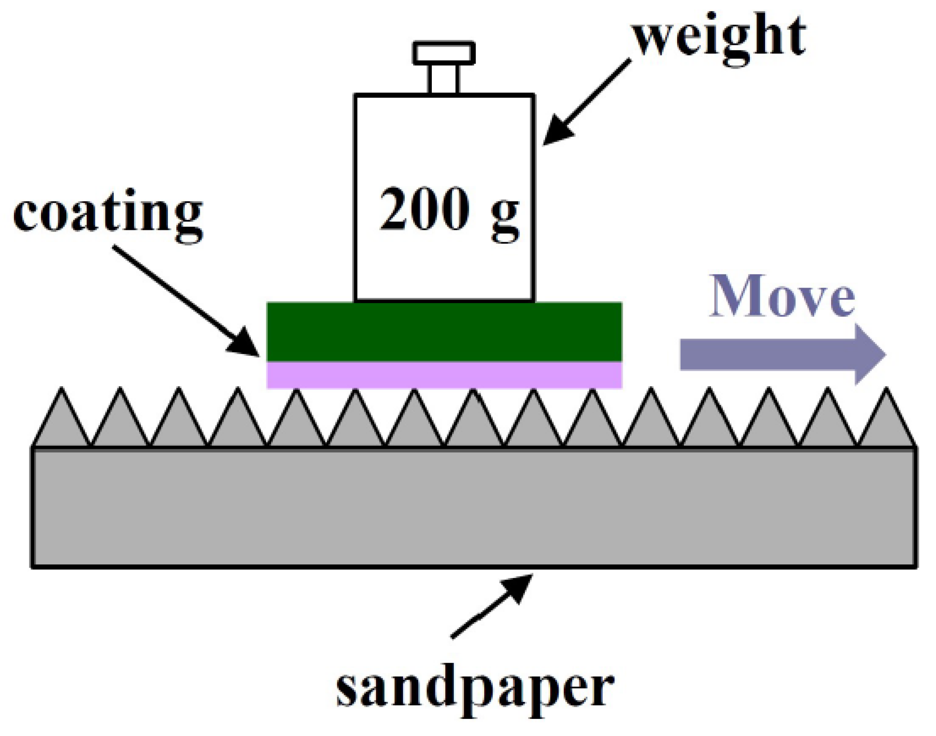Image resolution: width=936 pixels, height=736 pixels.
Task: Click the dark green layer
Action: point(444,332)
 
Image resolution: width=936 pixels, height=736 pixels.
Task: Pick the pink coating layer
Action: point(444,375)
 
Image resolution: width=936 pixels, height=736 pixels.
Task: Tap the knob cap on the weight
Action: point(444,53)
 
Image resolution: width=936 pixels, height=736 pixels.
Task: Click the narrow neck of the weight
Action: point(443,79)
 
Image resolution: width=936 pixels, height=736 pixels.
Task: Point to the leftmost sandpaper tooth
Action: point(62,422)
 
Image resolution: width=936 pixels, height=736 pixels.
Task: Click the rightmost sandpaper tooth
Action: point(886,422)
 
